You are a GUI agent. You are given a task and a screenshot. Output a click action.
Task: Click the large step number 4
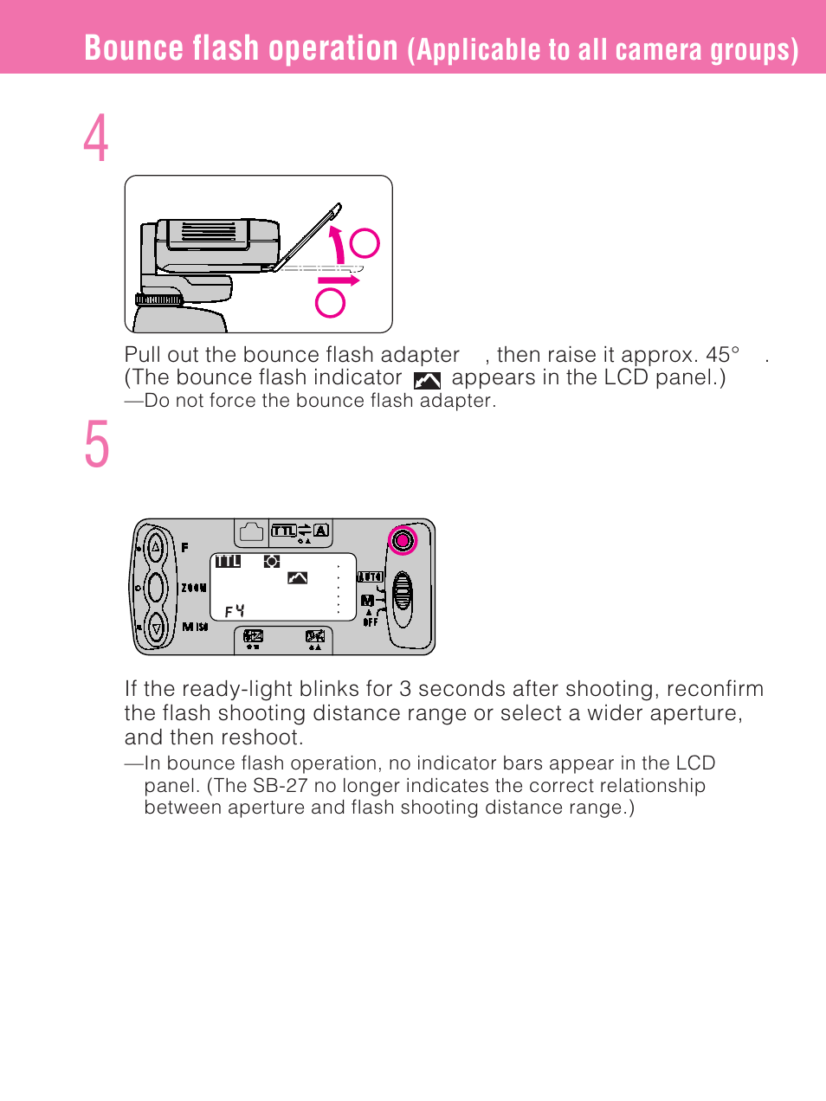[96, 138]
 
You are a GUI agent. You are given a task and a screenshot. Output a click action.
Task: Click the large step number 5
[97, 445]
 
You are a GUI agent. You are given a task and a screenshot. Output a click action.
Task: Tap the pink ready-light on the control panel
[403, 541]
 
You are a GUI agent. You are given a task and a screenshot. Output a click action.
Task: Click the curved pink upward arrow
[338, 244]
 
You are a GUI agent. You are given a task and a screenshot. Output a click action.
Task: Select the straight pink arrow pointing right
[339, 280]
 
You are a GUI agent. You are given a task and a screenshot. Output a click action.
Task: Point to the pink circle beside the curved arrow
[365, 243]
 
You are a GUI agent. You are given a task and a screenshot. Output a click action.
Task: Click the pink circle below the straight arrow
[331, 302]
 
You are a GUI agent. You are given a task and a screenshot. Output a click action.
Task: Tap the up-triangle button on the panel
[156, 547]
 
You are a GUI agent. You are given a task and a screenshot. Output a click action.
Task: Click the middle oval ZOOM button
[156, 587]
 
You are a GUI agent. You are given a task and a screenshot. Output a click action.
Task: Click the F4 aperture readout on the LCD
[235, 611]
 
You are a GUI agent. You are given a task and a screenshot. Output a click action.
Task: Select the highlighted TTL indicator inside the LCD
[228, 561]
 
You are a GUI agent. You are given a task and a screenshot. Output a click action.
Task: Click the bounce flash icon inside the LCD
[297, 577]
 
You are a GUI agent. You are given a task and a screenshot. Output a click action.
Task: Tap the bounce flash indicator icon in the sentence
[427, 380]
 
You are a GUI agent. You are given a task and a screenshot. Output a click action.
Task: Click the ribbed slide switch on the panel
[402, 596]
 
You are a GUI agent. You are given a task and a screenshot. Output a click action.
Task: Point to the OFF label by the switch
[370, 622]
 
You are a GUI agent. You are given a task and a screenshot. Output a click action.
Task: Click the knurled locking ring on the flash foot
[159, 299]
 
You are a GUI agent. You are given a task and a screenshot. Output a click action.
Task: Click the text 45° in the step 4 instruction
[723, 355]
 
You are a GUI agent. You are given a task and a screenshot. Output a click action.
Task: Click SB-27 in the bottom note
[280, 786]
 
